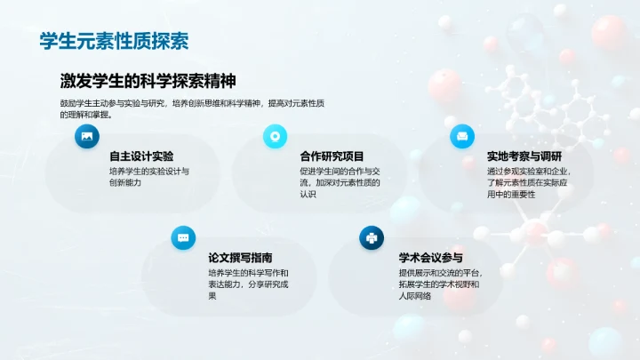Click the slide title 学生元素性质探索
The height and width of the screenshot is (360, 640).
pos(114,41)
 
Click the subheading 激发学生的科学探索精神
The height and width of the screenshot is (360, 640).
pos(148,81)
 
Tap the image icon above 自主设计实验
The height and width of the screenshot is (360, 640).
pos(86,136)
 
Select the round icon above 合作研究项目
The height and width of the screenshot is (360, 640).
pos(275,136)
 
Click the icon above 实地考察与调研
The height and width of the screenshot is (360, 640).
pos(461,136)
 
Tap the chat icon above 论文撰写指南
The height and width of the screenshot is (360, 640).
pos(183,237)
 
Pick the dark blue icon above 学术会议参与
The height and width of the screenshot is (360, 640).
pos(371,237)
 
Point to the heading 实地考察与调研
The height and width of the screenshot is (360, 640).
pos(524,156)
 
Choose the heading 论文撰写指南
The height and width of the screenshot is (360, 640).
pos(240,257)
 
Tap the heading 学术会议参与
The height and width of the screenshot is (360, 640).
pos(430,257)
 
